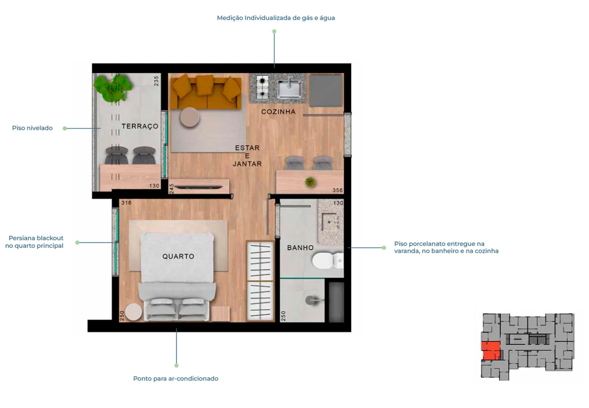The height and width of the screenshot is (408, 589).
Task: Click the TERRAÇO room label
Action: [140, 126]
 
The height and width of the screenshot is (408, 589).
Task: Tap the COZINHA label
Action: [278, 112]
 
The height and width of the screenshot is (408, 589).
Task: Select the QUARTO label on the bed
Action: [178, 256]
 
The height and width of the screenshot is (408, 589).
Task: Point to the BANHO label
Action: [300, 248]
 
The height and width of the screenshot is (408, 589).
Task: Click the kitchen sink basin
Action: [289, 89]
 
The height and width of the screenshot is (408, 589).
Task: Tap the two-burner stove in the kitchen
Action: [262, 87]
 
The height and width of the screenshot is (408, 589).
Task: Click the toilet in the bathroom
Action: [327, 260]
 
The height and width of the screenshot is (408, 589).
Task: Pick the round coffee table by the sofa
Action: [190, 117]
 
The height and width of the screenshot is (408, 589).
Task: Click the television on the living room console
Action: [199, 187]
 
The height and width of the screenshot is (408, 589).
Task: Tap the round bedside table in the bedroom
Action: [134, 312]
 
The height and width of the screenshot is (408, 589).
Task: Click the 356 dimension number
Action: [338, 190]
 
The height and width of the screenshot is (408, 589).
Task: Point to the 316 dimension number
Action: [126, 203]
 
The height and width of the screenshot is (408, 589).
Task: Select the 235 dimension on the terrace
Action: [156, 81]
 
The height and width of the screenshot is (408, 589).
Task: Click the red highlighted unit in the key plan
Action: [491, 351]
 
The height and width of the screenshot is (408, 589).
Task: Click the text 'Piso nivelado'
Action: [32, 128]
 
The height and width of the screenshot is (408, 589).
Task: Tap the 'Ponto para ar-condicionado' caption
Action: [176, 379]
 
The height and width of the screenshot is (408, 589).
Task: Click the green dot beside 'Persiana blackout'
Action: [77, 243]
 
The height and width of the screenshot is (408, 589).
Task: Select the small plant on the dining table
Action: [311, 182]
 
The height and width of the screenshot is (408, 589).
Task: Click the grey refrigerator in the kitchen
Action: [326, 91]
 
